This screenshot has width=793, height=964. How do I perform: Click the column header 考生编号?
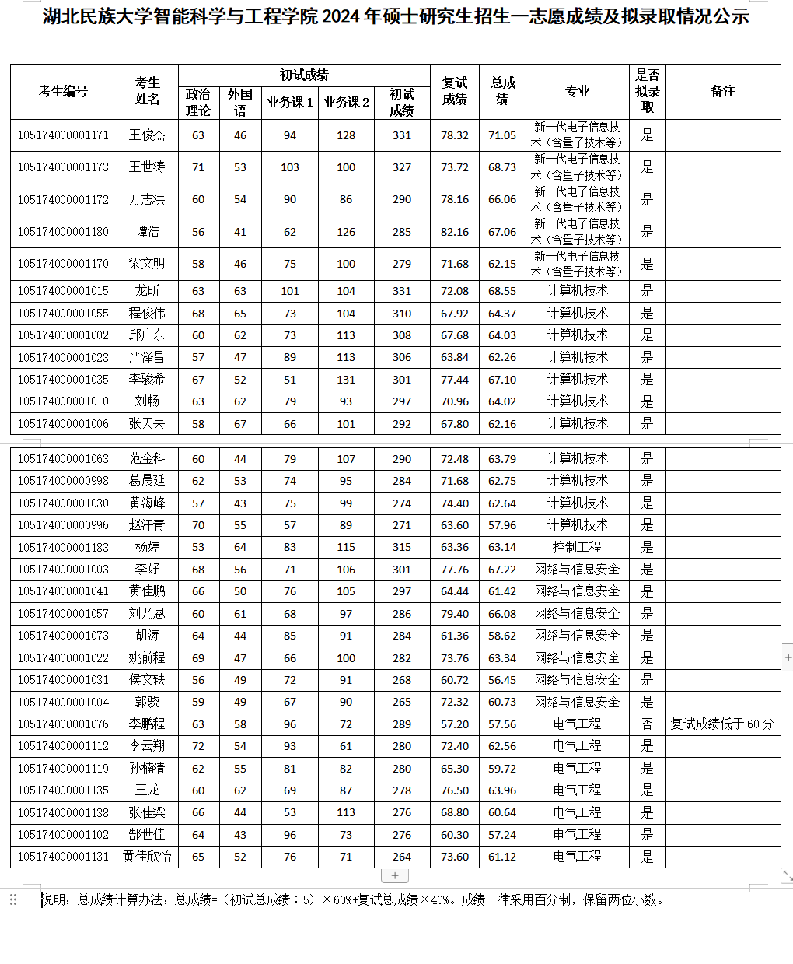(63, 91)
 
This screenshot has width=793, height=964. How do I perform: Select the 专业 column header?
(577, 91)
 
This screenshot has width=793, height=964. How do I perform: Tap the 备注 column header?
(722, 91)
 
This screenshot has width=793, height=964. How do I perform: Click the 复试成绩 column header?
(454, 91)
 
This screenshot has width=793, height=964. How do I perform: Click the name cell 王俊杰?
(147, 135)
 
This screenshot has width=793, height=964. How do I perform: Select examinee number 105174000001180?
(63, 232)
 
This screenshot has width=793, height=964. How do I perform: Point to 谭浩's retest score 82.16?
(454, 232)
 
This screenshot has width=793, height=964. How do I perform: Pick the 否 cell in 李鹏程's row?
(647, 724)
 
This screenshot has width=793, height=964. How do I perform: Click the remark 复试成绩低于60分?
(722, 724)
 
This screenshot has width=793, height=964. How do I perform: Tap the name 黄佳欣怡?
(147, 857)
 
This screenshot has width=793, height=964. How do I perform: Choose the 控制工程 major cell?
(577, 547)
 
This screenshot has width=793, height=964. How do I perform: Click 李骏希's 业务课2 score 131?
(346, 380)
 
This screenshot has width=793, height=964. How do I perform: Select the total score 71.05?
(502, 135)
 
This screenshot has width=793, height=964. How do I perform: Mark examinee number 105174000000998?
(63, 481)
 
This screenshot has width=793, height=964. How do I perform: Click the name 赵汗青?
(147, 525)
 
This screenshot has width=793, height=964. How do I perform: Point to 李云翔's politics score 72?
(198, 746)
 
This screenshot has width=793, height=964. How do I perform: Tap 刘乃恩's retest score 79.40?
(454, 614)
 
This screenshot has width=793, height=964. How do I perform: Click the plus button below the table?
(395, 876)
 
